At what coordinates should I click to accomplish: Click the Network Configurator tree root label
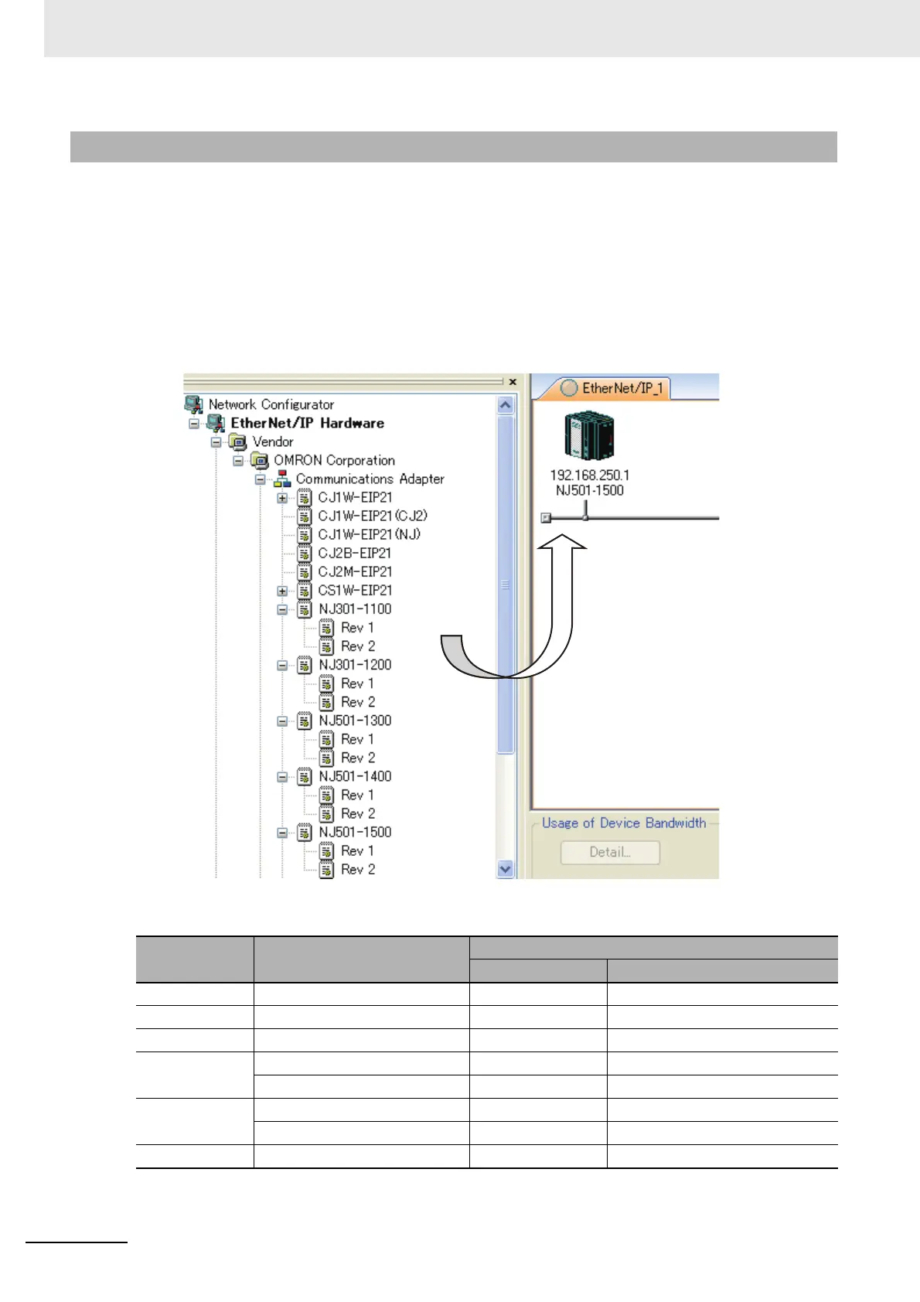271,404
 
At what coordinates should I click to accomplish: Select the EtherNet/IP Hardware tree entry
307,423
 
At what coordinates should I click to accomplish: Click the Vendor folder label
272,441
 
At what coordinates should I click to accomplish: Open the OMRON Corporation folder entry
333,460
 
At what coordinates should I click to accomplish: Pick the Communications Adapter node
370,479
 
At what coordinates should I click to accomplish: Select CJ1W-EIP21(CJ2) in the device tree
372,516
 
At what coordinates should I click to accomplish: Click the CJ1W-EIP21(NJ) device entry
369,534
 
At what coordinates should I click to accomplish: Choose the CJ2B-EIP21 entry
354,553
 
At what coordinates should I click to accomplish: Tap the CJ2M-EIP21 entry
355,571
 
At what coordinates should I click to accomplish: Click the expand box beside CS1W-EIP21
282,591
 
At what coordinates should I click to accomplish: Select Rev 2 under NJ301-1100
358,646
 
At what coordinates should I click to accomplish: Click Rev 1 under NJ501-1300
357,739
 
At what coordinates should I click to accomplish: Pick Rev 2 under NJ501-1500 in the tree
358,869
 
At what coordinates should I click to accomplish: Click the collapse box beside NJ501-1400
282,777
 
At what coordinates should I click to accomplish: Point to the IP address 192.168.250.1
589,475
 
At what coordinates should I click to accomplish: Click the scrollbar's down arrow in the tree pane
506,868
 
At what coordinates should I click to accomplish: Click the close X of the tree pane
513,382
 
